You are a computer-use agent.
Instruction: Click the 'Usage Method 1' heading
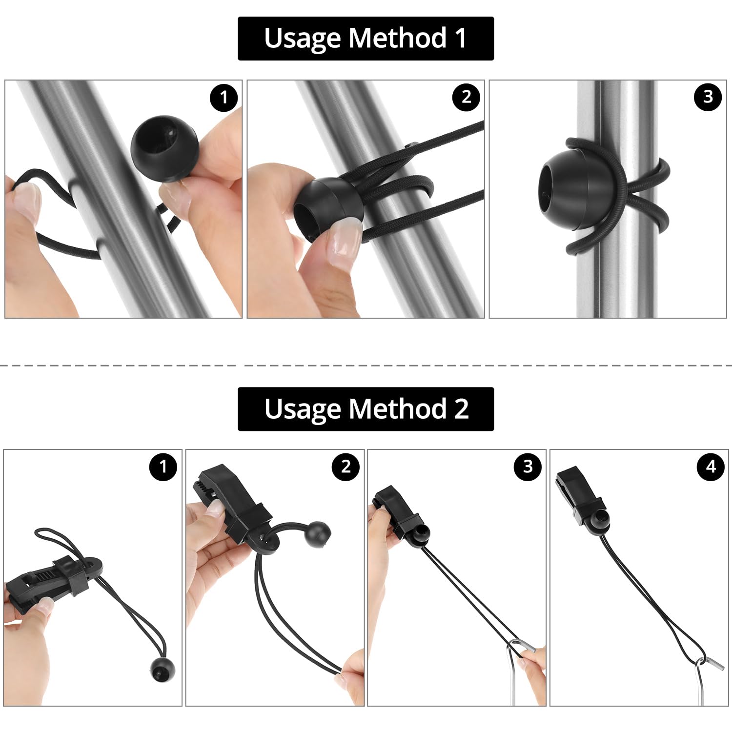tap(366, 38)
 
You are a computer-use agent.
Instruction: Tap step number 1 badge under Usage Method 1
tap(224, 98)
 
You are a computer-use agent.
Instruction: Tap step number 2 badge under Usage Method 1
tap(466, 97)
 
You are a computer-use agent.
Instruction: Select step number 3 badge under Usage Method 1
tap(708, 97)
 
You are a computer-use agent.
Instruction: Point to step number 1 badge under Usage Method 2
tap(163, 467)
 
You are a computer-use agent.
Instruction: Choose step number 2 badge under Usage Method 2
tap(346, 467)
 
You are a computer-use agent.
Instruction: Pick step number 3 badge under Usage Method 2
tap(528, 467)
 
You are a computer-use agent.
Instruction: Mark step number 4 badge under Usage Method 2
tap(711, 467)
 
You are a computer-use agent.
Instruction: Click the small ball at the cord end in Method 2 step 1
tap(162, 669)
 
